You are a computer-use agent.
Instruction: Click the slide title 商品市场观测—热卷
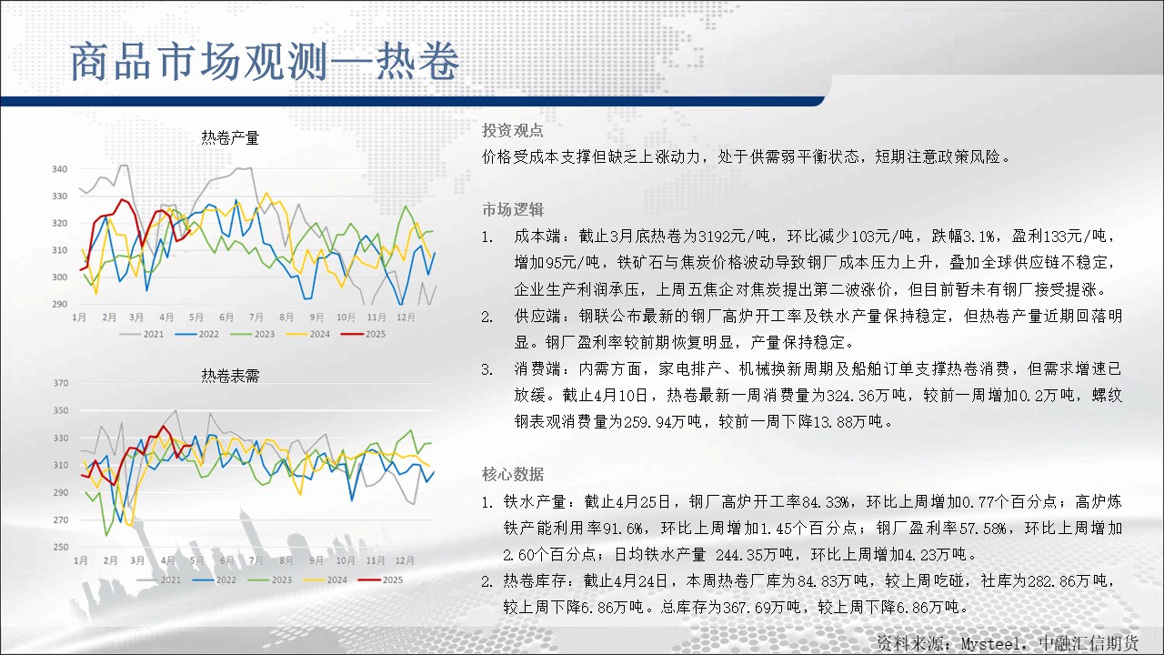tap(265, 62)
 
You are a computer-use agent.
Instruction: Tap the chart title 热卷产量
tap(230, 137)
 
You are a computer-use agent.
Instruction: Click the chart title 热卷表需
tap(230, 376)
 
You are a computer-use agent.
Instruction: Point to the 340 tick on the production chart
tap(60, 169)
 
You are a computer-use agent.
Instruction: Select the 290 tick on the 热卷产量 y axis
tap(60, 304)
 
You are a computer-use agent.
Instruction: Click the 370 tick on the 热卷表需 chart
tap(61, 383)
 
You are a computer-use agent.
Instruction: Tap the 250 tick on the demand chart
tap(61, 547)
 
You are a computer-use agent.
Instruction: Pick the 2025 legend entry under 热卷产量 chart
tap(363, 334)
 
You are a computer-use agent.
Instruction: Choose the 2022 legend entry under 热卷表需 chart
tap(214, 580)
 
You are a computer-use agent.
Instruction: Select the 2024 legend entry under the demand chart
tap(326, 580)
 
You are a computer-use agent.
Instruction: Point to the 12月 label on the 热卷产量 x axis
tap(406, 317)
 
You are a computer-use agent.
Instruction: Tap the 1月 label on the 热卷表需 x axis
tap(81, 560)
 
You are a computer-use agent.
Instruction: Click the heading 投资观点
tap(512, 130)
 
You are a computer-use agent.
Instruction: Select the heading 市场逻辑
tap(512, 209)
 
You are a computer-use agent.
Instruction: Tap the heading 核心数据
tap(512, 474)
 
